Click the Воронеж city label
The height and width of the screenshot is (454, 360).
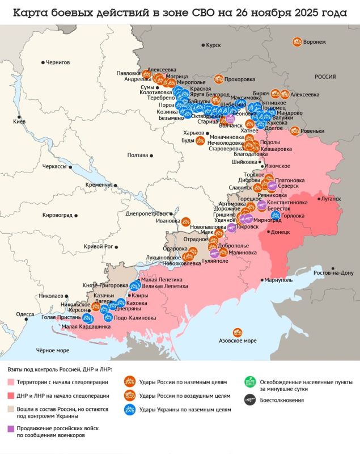(315, 42)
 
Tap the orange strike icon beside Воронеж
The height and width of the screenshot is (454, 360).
(297, 41)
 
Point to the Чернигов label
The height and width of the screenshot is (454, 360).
(57, 62)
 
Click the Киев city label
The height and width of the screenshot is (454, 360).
(20, 122)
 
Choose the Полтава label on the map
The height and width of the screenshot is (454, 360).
(138, 155)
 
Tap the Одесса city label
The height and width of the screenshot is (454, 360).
(25, 314)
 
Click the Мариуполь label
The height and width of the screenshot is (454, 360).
(279, 280)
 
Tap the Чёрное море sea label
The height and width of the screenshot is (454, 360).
(53, 350)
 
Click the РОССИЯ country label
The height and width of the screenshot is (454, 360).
(325, 76)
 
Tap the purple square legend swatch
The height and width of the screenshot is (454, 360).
(11, 429)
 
